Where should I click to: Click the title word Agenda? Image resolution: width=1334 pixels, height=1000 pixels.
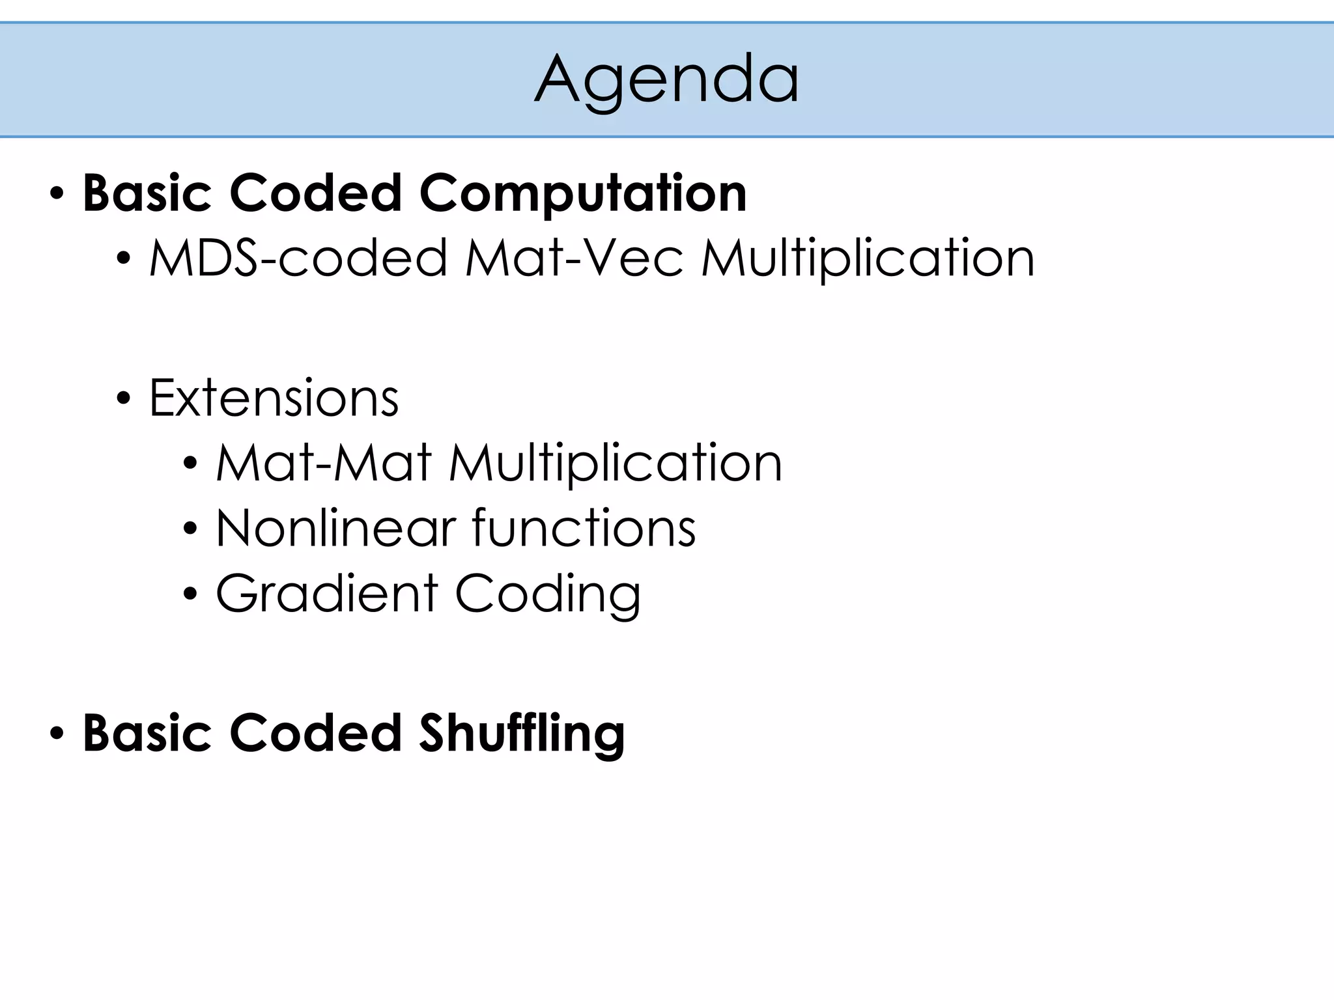coord(666,79)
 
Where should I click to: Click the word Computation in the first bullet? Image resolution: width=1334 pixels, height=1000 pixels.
coord(583,193)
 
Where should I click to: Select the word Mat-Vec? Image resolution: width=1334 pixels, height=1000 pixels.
coord(574,258)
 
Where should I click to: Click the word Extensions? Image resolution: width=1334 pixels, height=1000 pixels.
coord(274,398)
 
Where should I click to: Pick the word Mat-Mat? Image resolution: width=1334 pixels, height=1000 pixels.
coord(324,463)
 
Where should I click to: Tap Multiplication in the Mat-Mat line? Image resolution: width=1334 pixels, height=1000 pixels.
coord(616,463)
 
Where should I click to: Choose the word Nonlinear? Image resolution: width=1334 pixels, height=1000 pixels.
coord(335,528)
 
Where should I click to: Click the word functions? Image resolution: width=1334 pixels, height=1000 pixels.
coord(584,528)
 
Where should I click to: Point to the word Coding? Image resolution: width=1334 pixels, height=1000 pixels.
coord(548,593)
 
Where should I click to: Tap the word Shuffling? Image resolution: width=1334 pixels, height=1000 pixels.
coord(522,733)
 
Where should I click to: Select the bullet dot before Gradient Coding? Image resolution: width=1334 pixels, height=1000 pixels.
coord(190,594)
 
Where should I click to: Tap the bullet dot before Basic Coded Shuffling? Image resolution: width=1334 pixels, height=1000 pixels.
coord(57,734)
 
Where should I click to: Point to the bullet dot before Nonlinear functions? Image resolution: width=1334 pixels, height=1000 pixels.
coord(190,529)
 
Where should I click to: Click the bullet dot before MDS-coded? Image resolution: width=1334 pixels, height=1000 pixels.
coord(123,259)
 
